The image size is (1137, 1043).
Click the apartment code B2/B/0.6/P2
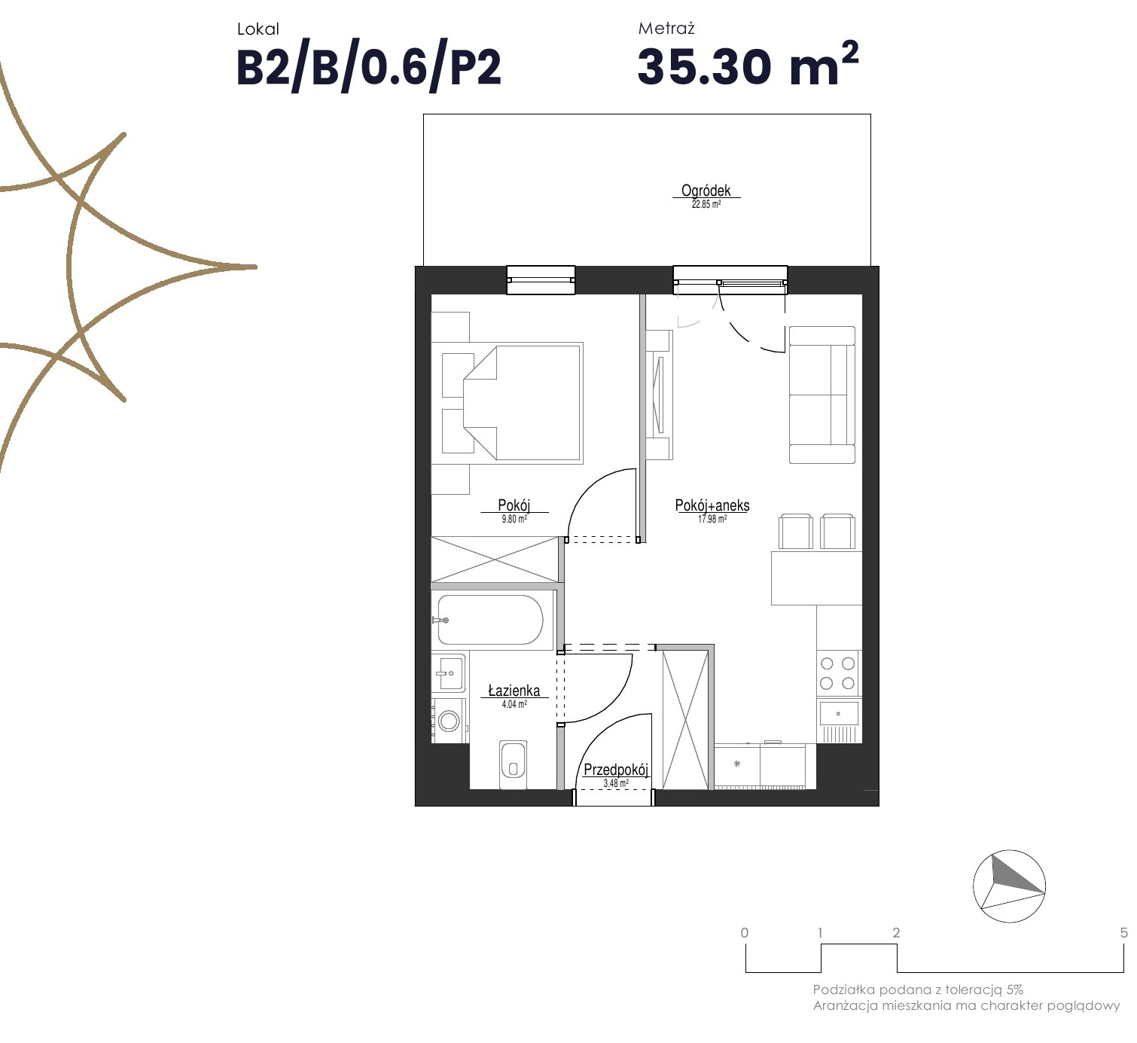tap(368, 69)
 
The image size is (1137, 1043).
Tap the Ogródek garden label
tap(706, 191)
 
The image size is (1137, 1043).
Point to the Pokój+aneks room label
tap(712, 505)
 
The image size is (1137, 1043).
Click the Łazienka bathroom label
tap(514, 691)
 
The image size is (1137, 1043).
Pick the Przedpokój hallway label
tap(615, 770)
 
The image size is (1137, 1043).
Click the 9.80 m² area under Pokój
tap(514, 519)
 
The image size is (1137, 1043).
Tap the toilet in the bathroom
tap(513, 764)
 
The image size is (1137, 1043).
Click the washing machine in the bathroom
tap(449, 721)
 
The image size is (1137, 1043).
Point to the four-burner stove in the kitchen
tap(838, 672)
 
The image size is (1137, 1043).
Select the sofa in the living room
tap(822, 395)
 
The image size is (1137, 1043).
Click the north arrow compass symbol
tap(1009, 886)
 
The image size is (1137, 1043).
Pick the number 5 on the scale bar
tap(1123, 932)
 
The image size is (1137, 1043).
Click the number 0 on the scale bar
tap(744, 932)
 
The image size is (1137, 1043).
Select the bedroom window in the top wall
tap(541, 280)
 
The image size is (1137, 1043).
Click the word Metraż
tap(666, 29)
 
